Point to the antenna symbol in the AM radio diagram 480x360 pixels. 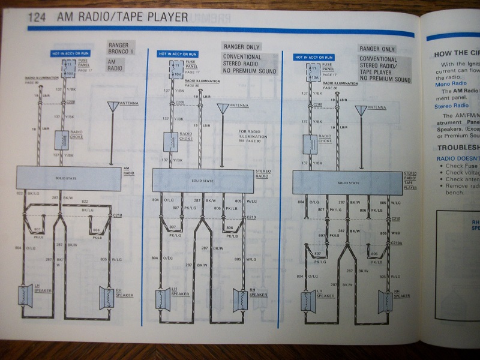[x=112, y=107]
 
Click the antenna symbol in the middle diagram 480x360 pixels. [x=223, y=109]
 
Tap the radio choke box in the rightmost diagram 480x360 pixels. [x=310, y=145]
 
